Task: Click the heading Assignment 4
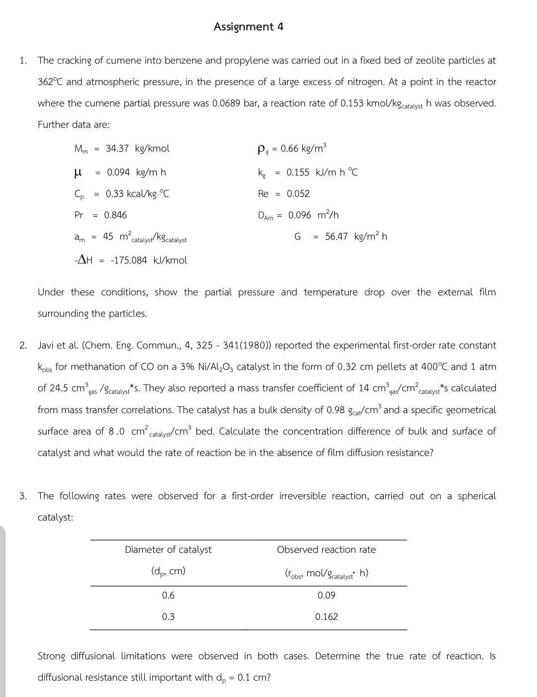click(x=248, y=27)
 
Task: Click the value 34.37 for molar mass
click(x=117, y=149)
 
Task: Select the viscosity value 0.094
click(x=118, y=173)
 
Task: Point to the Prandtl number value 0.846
click(x=115, y=215)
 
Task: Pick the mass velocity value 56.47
click(x=337, y=237)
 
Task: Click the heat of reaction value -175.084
click(x=129, y=261)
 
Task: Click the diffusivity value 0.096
click(x=299, y=215)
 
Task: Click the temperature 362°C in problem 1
click(x=50, y=82)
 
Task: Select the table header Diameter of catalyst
click(x=168, y=550)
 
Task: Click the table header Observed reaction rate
click(x=326, y=550)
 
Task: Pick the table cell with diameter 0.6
click(x=168, y=596)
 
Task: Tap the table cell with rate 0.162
click(x=326, y=617)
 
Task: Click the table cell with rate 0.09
click(x=326, y=596)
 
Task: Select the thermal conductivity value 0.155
click(x=298, y=173)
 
